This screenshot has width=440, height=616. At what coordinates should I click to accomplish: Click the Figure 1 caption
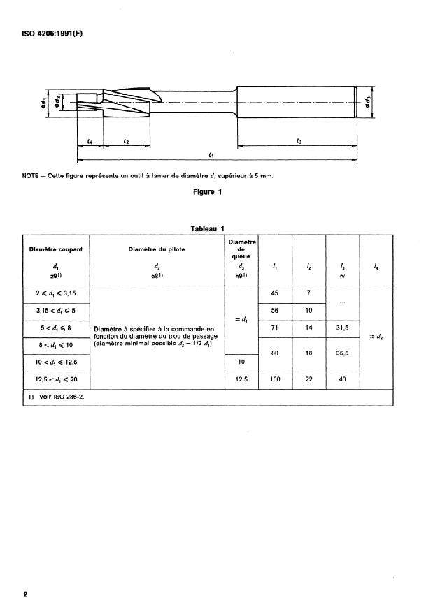pyautogui.click(x=208, y=193)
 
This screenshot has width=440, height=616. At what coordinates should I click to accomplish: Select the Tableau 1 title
pyautogui.click(x=207, y=228)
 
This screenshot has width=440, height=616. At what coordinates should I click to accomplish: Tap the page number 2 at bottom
pyautogui.click(x=26, y=594)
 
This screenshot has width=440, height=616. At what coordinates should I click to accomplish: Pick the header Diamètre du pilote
pyautogui.click(x=157, y=249)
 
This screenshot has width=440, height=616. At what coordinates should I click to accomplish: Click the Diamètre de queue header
pyautogui.click(x=240, y=249)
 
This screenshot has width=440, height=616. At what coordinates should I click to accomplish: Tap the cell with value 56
pyautogui.click(x=275, y=310)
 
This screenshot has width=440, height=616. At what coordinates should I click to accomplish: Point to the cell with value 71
pyautogui.click(x=275, y=328)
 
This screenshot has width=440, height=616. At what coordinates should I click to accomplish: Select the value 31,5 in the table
pyautogui.click(x=342, y=328)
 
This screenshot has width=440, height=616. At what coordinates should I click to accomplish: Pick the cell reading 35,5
pyautogui.click(x=342, y=353)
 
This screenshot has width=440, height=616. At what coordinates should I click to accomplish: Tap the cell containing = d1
pyautogui.click(x=240, y=320)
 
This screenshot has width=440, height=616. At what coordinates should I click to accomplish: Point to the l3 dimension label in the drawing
pyautogui.click(x=298, y=142)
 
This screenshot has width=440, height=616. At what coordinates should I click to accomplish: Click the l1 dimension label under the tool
pyautogui.click(x=211, y=154)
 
